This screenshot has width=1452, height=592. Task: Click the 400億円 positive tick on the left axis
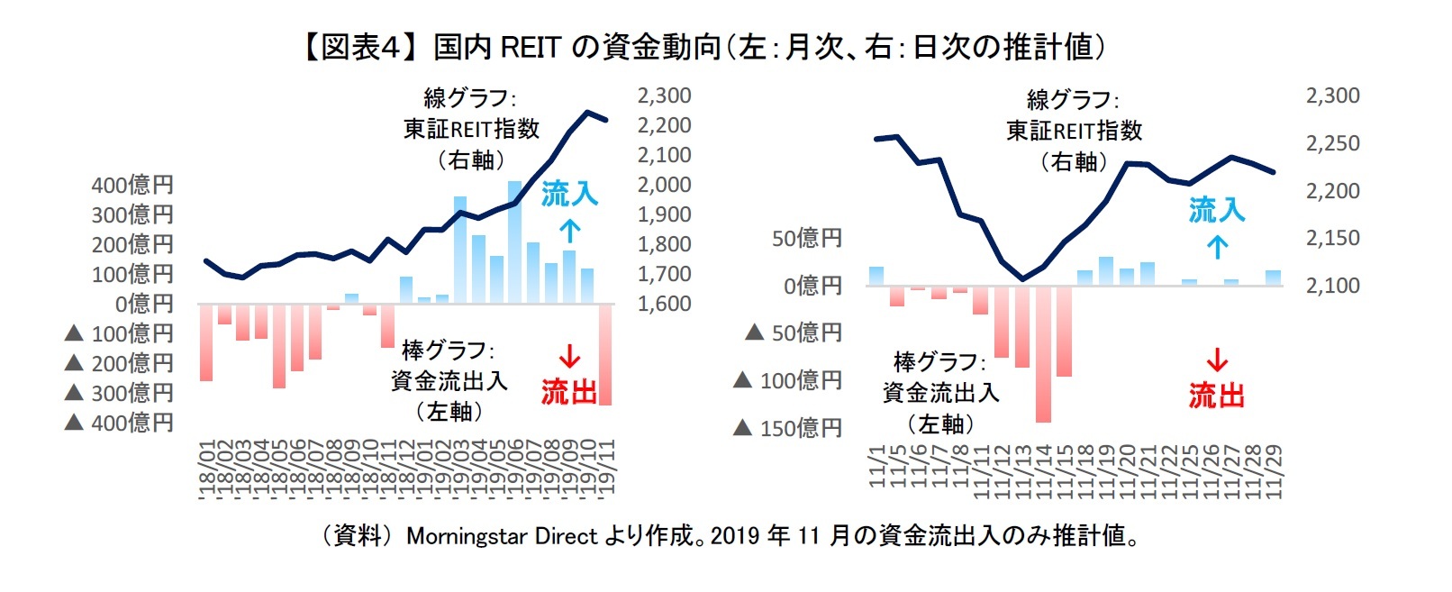[132, 185]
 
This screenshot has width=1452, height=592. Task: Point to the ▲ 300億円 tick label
[120, 393]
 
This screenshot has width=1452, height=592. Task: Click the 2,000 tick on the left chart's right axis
[664, 185]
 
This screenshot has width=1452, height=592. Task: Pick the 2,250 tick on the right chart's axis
[1332, 143]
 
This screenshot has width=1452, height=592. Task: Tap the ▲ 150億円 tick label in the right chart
[788, 428]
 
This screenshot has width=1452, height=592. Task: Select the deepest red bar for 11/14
[1043, 354]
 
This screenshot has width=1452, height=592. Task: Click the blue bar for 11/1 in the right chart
[876, 277]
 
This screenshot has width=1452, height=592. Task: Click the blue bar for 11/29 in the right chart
[1273, 278]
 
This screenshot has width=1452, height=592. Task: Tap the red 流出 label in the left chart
[568, 392]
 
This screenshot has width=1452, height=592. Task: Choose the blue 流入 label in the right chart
[1216, 210]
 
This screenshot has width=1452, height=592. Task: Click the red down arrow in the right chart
[1217, 360]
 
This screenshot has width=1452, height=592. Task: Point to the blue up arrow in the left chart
[569, 231]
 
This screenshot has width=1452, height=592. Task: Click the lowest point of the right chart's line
[1021, 279]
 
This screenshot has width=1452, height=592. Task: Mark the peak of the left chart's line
[587, 113]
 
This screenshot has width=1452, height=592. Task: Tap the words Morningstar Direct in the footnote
[502, 536]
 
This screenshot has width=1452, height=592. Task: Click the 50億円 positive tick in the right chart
[806, 238]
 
